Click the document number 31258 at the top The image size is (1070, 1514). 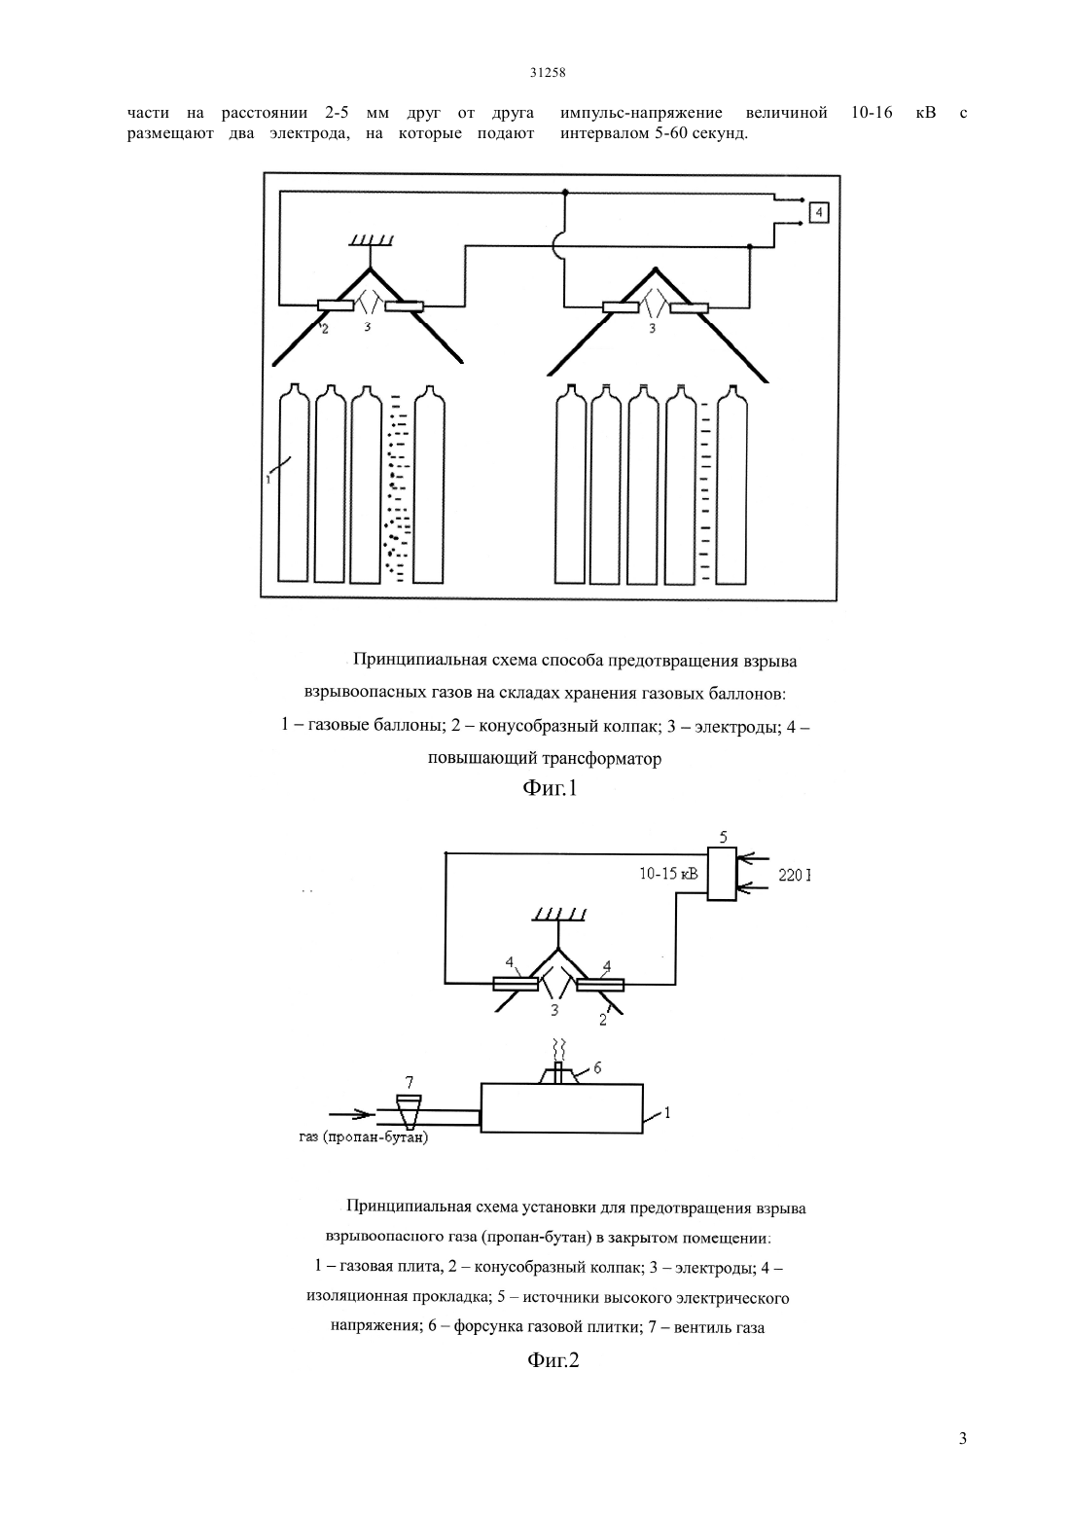click(x=548, y=74)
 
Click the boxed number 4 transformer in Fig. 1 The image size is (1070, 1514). click(x=819, y=213)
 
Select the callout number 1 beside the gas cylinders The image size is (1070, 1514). click(x=268, y=480)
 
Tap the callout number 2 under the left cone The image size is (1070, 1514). click(x=325, y=330)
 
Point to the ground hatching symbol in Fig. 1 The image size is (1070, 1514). click(x=371, y=240)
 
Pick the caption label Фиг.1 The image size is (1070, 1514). click(x=550, y=788)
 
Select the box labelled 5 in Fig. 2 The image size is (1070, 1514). click(x=722, y=874)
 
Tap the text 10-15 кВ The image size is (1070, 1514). click(x=669, y=874)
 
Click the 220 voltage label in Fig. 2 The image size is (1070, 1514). click(x=794, y=876)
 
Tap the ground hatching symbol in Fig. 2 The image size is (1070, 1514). click(x=559, y=916)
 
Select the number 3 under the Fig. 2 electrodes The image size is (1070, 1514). click(x=554, y=1010)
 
